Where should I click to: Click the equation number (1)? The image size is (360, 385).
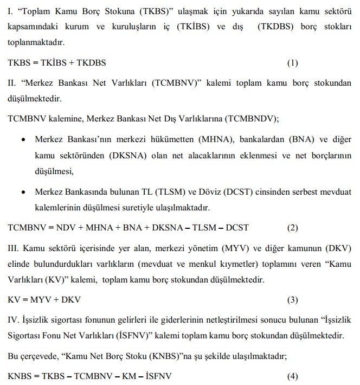click(x=293, y=62)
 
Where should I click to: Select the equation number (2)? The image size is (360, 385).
click(x=293, y=228)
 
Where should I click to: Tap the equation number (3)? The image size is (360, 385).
click(x=293, y=300)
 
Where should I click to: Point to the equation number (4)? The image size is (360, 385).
click(x=293, y=376)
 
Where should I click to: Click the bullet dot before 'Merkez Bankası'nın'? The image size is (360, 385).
click(x=23, y=140)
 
